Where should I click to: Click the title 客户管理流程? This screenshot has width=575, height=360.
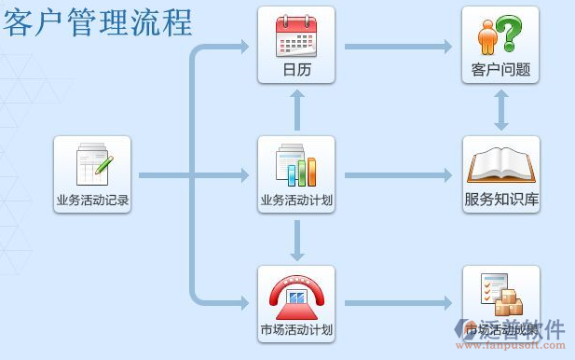[97, 21]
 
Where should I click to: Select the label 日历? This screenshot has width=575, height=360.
[296, 70]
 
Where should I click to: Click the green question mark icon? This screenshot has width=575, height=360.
[500, 35]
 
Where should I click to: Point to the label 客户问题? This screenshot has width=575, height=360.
[500, 70]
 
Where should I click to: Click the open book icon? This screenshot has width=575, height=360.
[500, 165]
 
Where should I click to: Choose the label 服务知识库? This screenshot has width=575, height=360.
[501, 200]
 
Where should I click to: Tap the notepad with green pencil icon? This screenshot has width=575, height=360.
[93, 165]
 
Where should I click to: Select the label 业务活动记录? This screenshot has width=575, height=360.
[92, 200]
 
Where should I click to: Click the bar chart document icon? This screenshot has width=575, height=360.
[295, 165]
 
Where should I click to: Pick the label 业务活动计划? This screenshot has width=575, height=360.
[296, 200]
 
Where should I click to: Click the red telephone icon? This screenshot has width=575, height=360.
[295, 295]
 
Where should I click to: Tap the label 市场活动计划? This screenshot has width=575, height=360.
[296, 329]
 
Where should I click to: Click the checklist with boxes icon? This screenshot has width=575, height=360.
[500, 294]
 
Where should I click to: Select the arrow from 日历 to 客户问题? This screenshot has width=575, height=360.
[398, 46]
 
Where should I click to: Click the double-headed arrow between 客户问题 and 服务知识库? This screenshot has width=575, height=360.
[501, 110]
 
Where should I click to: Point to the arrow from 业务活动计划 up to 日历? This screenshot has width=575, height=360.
[297, 110]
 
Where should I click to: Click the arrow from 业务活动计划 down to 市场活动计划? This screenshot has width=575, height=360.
[297, 240]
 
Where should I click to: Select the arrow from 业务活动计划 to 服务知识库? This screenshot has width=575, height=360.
[398, 174]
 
